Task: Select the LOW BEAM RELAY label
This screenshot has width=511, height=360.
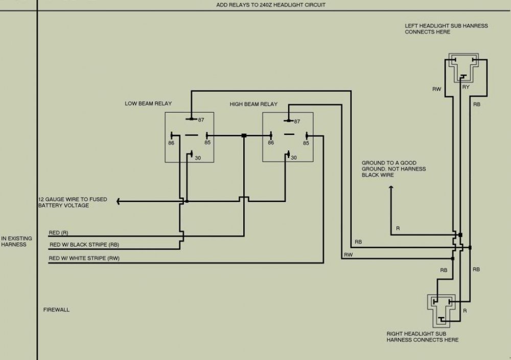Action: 148,103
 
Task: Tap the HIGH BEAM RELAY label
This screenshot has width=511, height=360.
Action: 253,104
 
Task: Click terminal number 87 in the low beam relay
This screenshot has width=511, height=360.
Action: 201,120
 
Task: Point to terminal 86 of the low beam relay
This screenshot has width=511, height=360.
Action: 171,143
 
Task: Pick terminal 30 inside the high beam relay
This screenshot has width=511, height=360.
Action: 293,158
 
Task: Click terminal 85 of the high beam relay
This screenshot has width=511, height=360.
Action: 306,143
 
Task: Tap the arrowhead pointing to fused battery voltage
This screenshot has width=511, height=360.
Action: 119,201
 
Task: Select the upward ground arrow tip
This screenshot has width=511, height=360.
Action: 391,188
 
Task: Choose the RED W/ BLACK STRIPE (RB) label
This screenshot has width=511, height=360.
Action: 84,244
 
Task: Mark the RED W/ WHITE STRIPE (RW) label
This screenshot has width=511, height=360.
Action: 84,258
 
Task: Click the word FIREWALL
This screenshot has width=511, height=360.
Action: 56,310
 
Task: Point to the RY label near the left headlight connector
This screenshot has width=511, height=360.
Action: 466,87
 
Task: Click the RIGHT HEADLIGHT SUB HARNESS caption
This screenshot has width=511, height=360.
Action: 422,336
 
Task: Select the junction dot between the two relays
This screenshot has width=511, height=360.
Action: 244,136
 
